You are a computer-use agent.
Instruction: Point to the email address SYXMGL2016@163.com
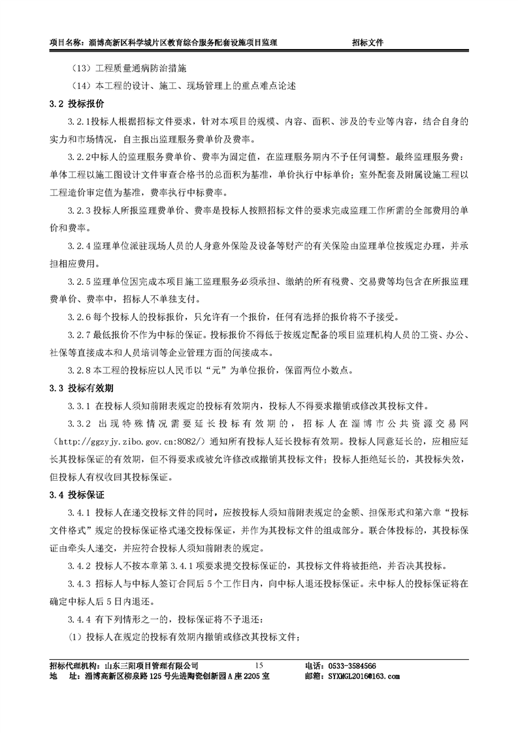coord(364,676)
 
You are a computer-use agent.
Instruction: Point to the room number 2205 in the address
coord(242,676)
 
